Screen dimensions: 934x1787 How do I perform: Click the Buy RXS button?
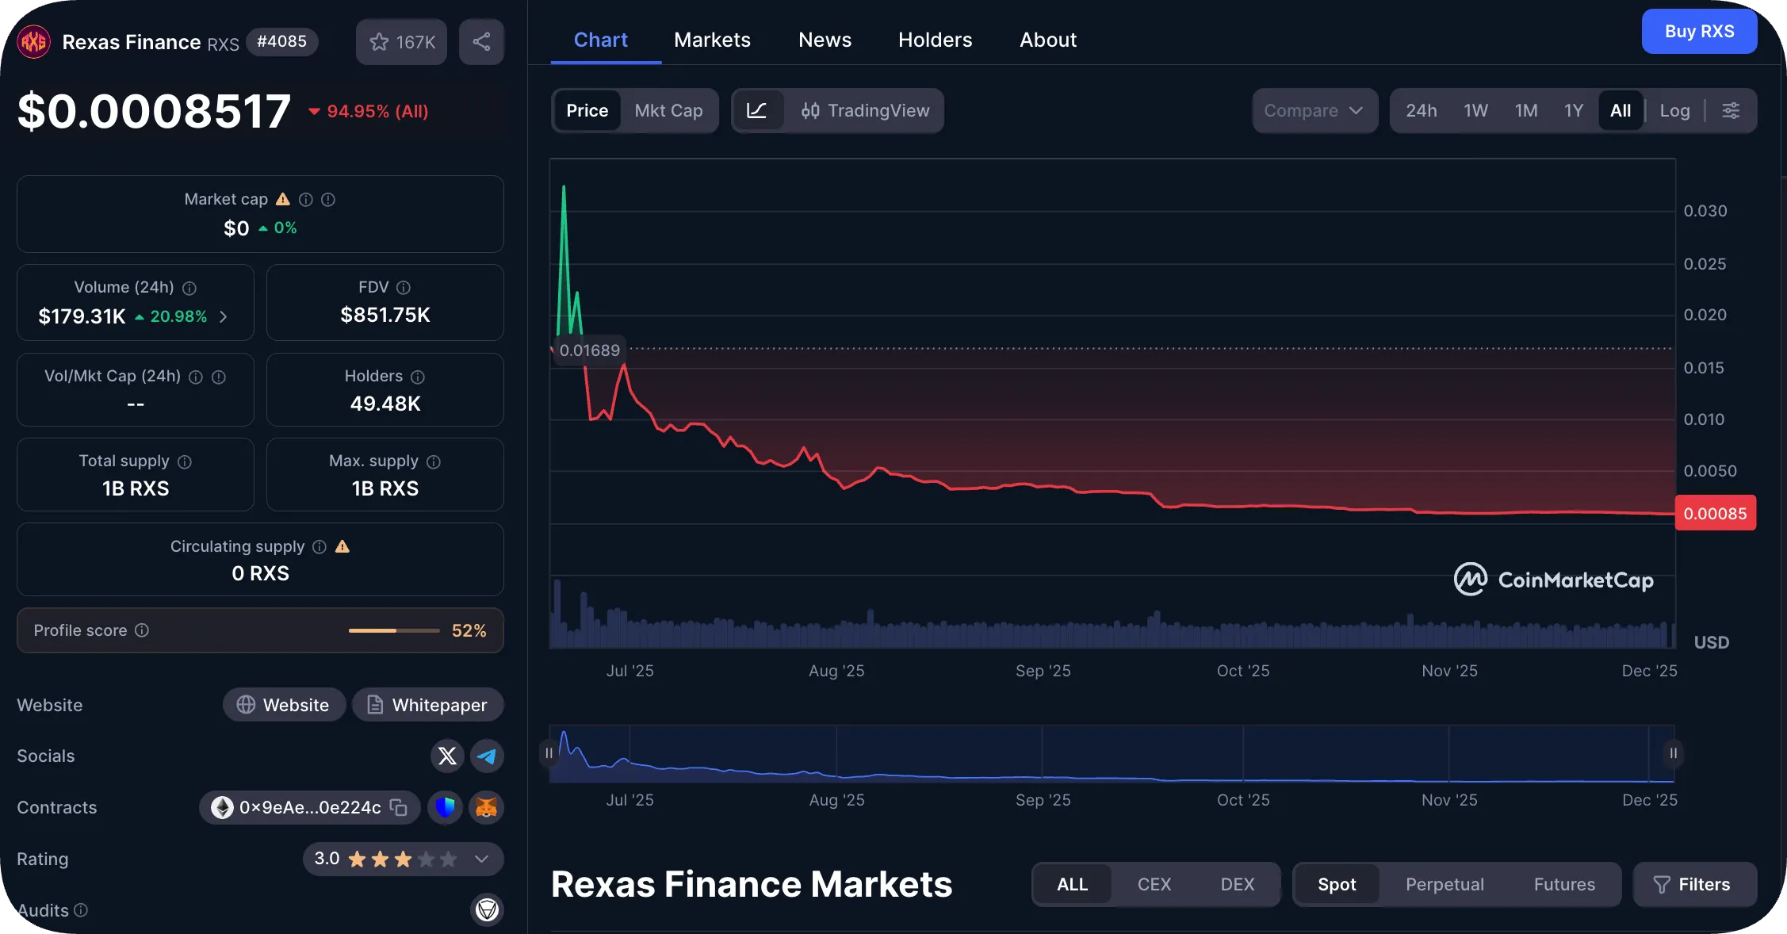(1698, 32)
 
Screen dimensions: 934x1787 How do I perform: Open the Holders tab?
(935, 40)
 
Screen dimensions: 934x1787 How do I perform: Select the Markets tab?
(712, 40)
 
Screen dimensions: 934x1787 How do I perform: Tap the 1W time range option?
(1475, 111)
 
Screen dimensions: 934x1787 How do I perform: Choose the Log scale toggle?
(1674, 111)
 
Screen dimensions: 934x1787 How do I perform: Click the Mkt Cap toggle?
(668, 111)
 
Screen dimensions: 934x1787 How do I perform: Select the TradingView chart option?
(865, 111)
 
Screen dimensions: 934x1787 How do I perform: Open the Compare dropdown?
(1314, 111)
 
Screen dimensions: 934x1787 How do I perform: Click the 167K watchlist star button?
(401, 42)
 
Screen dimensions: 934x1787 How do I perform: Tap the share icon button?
(481, 42)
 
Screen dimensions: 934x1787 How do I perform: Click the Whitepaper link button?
(428, 705)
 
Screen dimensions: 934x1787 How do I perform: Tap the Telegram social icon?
(487, 756)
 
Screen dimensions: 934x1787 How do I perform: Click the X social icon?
(447, 756)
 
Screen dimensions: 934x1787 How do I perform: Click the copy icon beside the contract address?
(399, 808)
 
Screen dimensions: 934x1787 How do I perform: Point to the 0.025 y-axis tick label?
(1705, 264)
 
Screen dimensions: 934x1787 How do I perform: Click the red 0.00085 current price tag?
(1715, 514)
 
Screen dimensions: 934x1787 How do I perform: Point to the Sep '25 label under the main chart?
(1043, 671)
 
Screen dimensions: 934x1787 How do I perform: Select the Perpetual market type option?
(1445, 884)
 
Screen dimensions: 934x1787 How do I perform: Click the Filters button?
(1694, 884)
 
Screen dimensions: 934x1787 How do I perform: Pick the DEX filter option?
(1237, 884)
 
